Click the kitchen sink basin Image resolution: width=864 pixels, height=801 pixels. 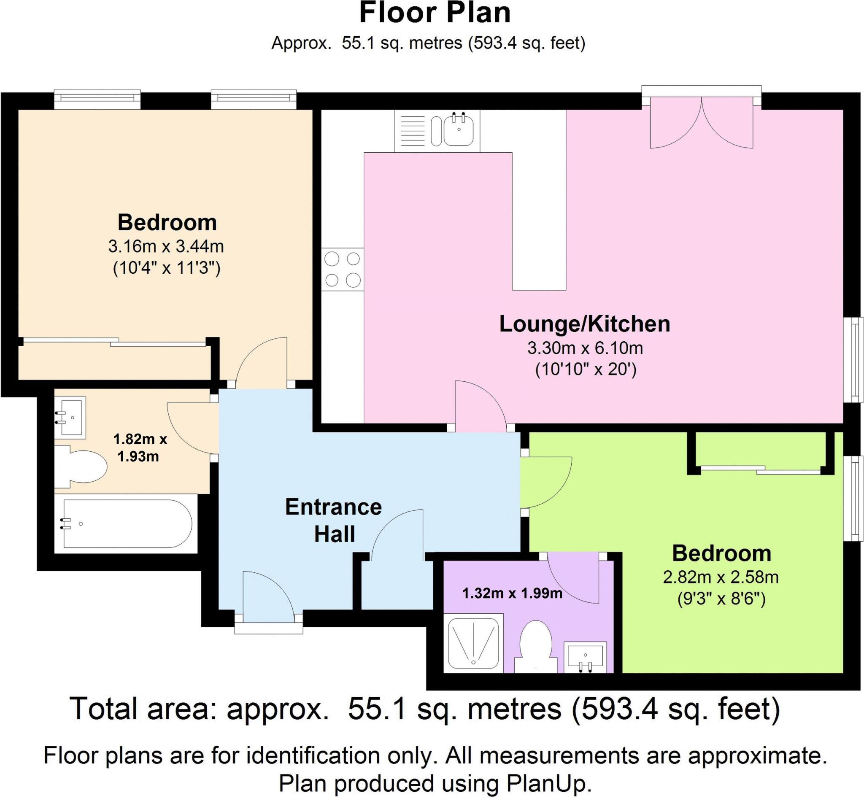[x=458, y=129]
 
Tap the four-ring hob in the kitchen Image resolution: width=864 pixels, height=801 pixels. [x=343, y=269]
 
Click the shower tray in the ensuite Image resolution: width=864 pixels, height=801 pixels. [x=473, y=642]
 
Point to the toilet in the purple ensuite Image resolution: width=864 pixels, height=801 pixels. [x=535, y=645]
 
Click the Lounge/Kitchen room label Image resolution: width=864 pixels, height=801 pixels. [x=584, y=324]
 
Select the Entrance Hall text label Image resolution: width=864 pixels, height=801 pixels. [x=333, y=520]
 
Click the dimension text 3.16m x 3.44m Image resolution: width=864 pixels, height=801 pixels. [x=166, y=247]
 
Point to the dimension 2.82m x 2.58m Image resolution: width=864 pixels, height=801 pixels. [x=721, y=577]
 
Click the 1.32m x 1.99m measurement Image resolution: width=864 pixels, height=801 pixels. [x=512, y=593]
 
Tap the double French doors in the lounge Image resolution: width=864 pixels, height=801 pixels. [x=702, y=126]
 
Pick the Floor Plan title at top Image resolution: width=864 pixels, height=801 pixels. [x=435, y=13]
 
